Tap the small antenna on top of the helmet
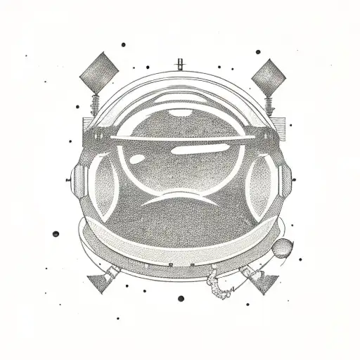tap(180, 63)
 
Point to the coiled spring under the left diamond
tap(93, 105)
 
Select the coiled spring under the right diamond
tap(268, 106)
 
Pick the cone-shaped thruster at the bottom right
tap(263, 282)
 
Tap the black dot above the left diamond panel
tap(123, 44)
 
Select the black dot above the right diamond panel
tap(257, 52)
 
